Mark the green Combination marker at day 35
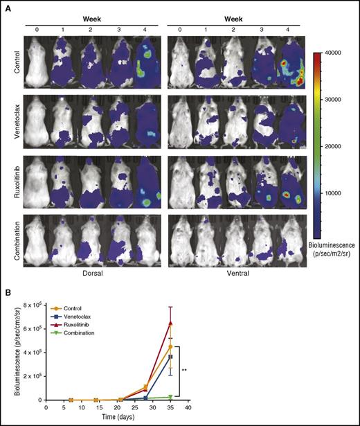pyautogui.click(x=170, y=397)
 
